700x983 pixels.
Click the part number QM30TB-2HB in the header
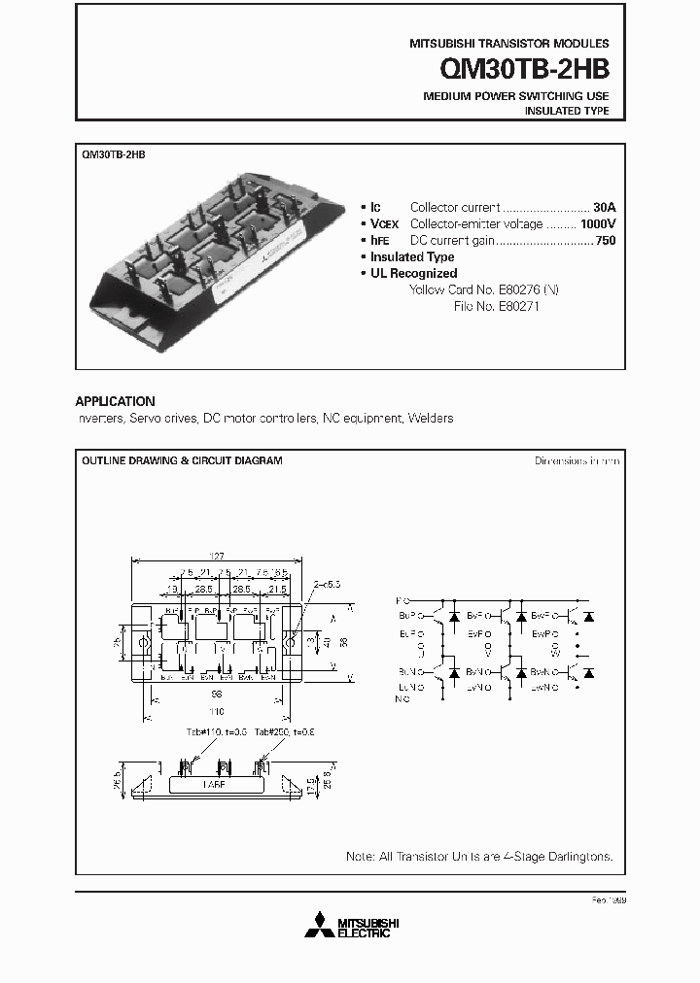click(525, 69)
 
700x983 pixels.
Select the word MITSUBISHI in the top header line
click(437, 44)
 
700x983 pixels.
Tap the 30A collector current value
click(605, 207)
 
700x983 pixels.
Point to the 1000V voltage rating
click(597, 223)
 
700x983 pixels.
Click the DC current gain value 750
click(605, 240)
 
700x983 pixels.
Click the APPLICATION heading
click(115, 401)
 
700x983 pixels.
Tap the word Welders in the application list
click(430, 419)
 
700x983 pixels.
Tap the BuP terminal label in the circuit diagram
click(404, 616)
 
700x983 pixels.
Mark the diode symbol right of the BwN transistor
click(588, 671)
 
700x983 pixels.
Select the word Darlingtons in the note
click(580, 857)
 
